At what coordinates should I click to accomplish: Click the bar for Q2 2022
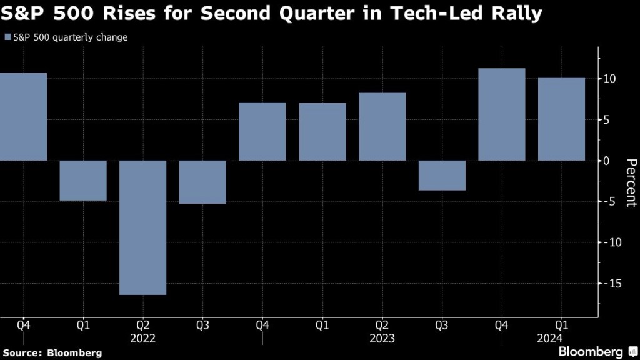coord(143,227)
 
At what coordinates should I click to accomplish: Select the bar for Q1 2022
coord(83,181)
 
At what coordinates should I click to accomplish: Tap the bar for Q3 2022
coord(202,182)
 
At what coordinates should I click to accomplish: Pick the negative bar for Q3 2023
coord(442,176)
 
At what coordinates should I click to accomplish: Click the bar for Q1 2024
coord(561,119)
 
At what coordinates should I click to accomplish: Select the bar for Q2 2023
coord(382,126)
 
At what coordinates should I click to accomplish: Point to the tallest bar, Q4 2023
coord(501,114)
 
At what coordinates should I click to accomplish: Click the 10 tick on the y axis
coord(610,79)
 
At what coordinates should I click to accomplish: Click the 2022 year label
coord(143,338)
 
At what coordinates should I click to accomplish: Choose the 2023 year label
coord(382,338)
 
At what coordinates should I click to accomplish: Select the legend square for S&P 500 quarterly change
coord(7,37)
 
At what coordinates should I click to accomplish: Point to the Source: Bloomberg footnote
coord(51,353)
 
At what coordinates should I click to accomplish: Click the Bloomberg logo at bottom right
coord(597,351)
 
